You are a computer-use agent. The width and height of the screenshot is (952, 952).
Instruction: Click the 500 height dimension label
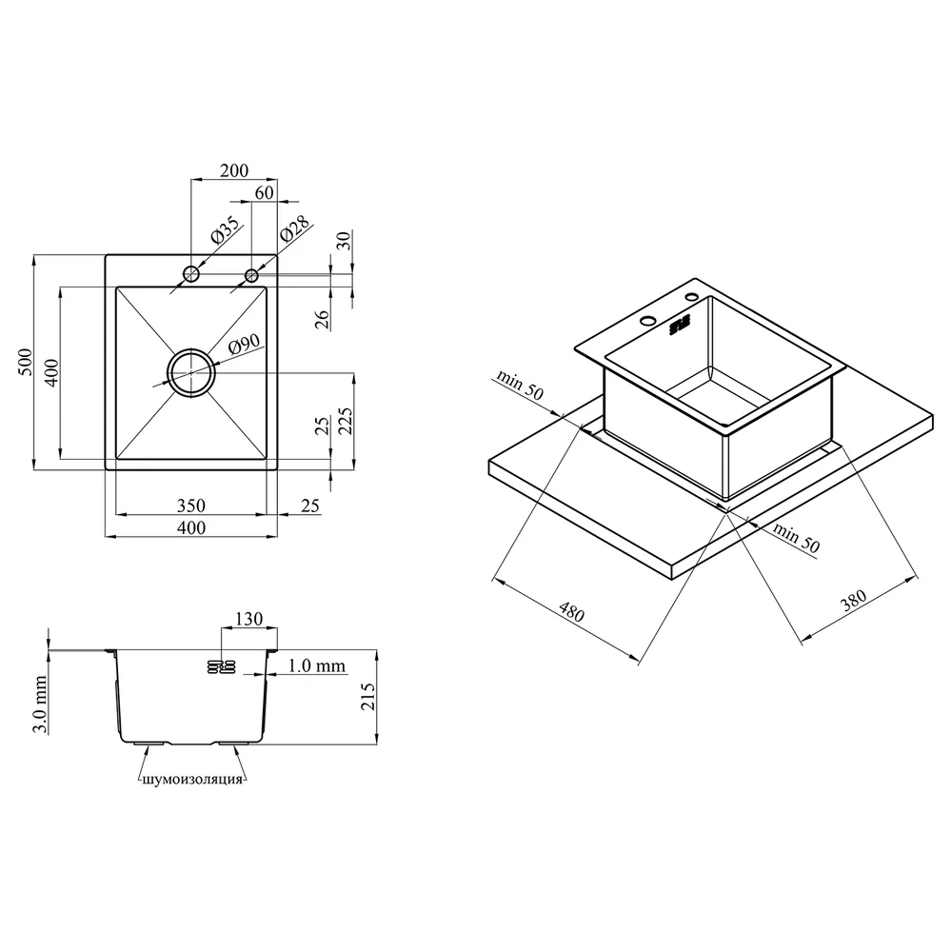[x=26, y=362]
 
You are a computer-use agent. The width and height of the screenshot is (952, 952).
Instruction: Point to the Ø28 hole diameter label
[x=295, y=228]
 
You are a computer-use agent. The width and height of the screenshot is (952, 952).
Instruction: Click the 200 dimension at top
[x=234, y=170]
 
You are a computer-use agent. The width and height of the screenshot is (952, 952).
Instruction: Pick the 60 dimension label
[x=264, y=192]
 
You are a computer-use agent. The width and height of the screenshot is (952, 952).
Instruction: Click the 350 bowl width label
[x=191, y=506]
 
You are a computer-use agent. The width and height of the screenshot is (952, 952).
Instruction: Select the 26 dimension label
[x=322, y=319]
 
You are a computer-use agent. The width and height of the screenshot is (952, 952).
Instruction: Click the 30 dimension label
[x=344, y=241]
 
